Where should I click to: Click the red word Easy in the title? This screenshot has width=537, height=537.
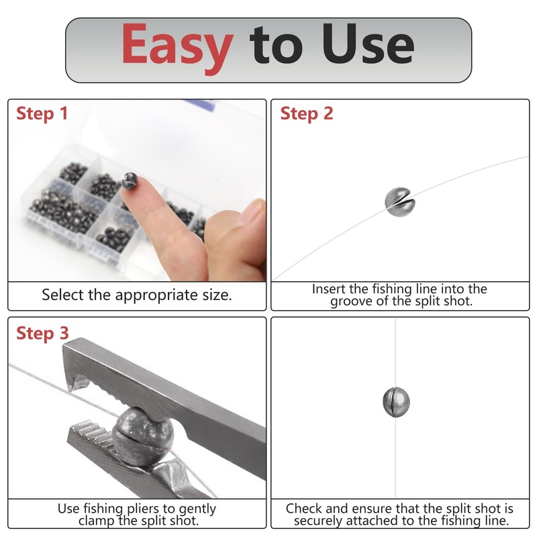pos(177,48)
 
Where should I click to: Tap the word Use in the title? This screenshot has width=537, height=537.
pos(368,44)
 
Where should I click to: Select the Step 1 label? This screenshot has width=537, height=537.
pos(42,114)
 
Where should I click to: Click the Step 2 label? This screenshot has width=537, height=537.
pos(307,114)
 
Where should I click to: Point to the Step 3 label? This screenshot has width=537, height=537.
pos(42,334)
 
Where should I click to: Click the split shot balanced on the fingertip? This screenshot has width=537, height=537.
pos(130,181)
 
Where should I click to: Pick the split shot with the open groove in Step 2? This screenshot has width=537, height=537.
pos(399,202)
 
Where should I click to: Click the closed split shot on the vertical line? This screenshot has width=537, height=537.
pos(396,402)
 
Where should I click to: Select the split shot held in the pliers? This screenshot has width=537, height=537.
pos(143,436)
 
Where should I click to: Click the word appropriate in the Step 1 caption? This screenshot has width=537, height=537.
pos(156,295)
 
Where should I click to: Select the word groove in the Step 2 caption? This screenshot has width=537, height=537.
pos(350,301)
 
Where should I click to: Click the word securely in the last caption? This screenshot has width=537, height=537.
pos(318,521)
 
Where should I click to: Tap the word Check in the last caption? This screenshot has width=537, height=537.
pos(304,508)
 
